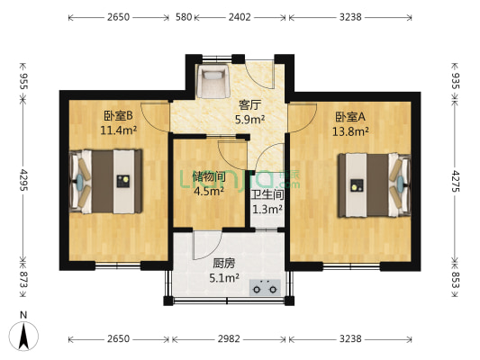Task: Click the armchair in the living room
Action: pos(215,82)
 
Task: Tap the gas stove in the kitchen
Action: pos(266,290)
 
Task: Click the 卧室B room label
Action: pos(118,115)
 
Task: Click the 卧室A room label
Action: pos(350,116)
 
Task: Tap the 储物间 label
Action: pos(208,175)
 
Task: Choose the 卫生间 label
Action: pos(267,193)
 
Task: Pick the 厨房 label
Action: pos(224,265)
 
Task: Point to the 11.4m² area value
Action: pos(119,130)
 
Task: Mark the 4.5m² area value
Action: pos(209,190)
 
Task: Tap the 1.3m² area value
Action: pos(267,209)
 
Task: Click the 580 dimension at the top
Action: pos(184,16)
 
